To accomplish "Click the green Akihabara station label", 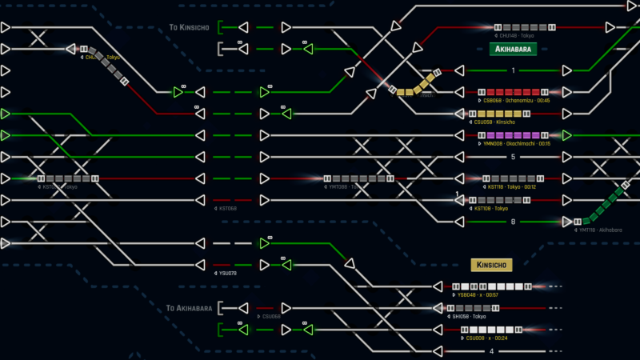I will coord(512,49).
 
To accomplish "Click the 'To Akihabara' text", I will coord(189,308).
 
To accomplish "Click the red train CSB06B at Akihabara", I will coord(513,92).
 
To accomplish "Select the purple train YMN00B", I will coord(513,135).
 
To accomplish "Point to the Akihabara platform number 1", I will coord(513,70).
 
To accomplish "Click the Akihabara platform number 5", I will coord(513,157).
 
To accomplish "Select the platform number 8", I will coord(513,222).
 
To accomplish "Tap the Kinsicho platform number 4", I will coord(492,351).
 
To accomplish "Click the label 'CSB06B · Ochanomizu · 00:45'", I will coord(516,101).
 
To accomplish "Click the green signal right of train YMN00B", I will coord(566,135).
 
